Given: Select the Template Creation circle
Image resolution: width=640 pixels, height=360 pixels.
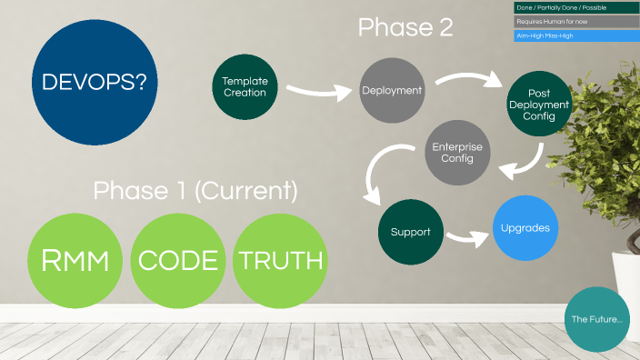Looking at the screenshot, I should tap(245, 86).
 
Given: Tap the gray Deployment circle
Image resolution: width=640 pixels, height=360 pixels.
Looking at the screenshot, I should tap(392, 90).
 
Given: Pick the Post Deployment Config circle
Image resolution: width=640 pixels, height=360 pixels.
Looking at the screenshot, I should tap(538, 105).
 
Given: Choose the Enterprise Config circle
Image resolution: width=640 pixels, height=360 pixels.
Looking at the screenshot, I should tap(457, 153).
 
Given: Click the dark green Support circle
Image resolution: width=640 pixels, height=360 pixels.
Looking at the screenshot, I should tap(410, 232).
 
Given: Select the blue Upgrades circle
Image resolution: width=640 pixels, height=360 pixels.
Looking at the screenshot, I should tap(525, 227).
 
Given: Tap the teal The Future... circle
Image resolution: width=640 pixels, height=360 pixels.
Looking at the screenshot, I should tap(596, 320).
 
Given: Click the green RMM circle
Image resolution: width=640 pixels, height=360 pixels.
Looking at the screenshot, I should tap(77, 262).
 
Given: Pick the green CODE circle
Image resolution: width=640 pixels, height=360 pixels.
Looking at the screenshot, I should tap(178, 262).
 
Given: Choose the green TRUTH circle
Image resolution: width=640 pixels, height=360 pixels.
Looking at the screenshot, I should tap(280, 262).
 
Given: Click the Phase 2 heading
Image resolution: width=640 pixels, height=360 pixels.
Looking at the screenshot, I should tap(405, 28).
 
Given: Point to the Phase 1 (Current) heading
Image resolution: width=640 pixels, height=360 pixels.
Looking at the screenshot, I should tap(195, 191).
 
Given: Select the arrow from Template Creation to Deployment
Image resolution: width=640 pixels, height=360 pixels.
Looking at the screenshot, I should tap(318, 91).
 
